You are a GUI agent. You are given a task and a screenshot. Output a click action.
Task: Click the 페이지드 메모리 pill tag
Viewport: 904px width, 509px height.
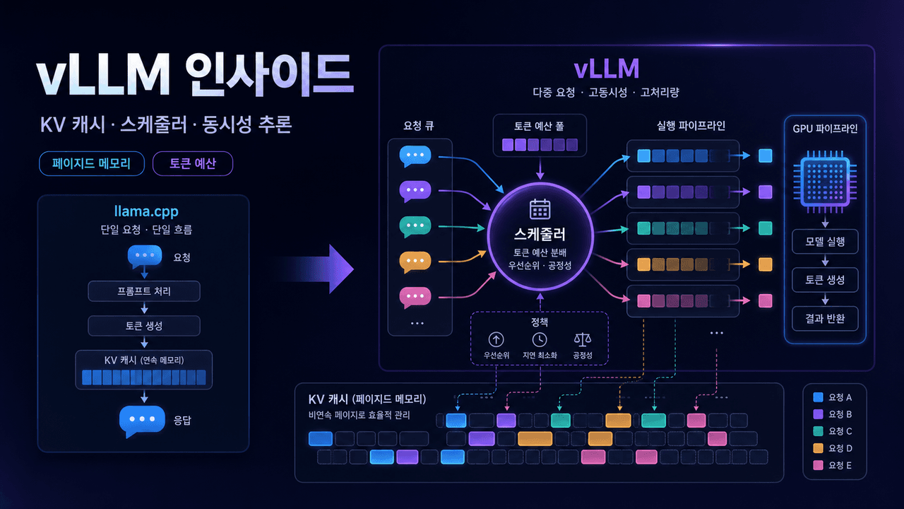[x=92, y=163]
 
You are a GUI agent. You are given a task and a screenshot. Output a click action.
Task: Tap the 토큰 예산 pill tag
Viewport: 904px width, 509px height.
[x=193, y=163]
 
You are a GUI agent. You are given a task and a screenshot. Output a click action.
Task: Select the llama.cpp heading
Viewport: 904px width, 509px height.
[x=146, y=211]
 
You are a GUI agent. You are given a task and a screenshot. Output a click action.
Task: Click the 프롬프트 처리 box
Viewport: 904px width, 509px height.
[x=144, y=291]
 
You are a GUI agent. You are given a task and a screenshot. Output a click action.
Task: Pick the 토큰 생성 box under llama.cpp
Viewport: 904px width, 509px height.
[x=144, y=326]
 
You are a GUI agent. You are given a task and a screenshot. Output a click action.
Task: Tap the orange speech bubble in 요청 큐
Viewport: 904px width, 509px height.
[x=415, y=262]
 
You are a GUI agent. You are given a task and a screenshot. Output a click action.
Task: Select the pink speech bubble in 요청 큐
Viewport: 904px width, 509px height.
[x=415, y=298]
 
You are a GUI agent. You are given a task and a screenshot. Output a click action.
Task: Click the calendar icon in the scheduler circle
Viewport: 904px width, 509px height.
[x=540, y=209]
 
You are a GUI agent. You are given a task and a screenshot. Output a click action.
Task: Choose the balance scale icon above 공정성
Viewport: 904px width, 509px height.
[x=583, y=340]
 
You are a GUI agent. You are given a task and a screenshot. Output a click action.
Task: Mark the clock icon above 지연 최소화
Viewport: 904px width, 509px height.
[x=540, y=340]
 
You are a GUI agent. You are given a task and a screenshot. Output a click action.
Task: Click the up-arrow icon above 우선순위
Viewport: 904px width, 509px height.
[x=496, y=340]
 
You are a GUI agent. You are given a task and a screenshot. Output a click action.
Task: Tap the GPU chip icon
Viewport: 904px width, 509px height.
[x=825, y=182]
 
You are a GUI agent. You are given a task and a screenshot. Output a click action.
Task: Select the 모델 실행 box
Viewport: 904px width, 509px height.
[x=825, y=242]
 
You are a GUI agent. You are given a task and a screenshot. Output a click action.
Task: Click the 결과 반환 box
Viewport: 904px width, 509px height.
[x=825, y=319]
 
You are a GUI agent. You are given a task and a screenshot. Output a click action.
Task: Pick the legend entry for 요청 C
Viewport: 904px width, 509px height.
[x=833, y=431]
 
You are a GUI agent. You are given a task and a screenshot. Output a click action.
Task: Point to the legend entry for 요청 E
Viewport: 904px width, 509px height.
[x=833, y=465]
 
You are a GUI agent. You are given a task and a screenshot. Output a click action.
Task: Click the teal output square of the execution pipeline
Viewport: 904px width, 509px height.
[x=765, y=228]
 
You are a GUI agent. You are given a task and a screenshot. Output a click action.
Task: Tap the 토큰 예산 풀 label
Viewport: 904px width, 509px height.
[x=539, y=126]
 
